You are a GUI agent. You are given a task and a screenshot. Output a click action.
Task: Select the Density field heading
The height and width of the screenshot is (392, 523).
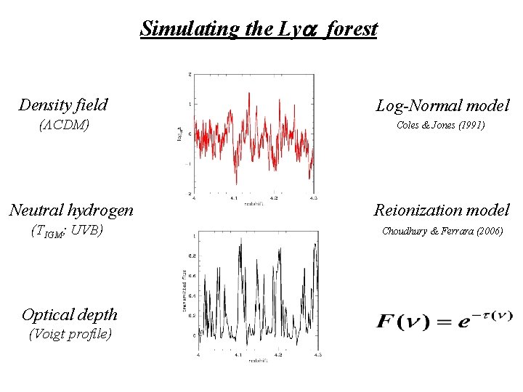63,105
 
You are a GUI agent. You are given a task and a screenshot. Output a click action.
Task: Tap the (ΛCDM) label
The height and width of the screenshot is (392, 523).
63,126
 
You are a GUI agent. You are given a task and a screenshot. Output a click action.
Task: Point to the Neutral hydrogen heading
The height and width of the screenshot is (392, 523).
71,211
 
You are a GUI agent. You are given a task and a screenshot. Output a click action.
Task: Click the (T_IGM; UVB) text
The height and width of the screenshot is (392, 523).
67,232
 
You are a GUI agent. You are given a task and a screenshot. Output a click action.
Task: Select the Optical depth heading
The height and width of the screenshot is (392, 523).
70,314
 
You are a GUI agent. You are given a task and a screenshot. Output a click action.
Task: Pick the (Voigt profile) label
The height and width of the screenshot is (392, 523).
70,335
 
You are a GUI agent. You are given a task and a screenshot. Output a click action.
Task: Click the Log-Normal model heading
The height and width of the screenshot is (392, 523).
442,105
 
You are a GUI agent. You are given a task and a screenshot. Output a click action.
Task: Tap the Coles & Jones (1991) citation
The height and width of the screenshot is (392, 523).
441,126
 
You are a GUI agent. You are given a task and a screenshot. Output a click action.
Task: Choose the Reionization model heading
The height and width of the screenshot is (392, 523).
442,211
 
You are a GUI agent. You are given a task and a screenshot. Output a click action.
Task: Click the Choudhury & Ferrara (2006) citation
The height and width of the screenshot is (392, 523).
442,232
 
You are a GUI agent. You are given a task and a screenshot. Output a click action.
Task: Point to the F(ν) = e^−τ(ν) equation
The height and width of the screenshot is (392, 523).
445,319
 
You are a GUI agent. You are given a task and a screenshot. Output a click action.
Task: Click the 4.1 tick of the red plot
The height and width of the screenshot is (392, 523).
232,197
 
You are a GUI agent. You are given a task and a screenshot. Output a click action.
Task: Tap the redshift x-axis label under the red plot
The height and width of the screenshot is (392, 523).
254,203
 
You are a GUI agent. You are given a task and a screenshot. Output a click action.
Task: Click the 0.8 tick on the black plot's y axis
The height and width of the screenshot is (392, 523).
192,256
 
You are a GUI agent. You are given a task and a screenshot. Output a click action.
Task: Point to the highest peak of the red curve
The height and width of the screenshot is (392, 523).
248,93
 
